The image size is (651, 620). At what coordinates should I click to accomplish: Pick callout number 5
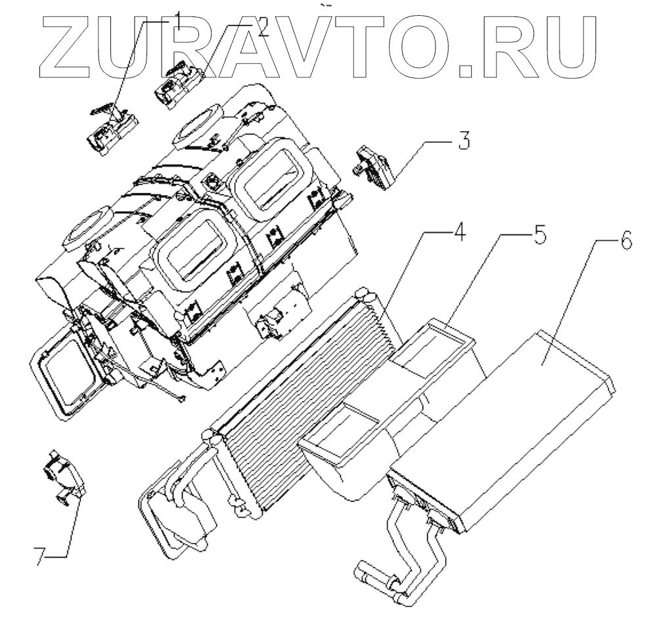coord(539,234)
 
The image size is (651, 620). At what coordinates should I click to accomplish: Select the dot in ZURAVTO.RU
coord(468,67)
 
